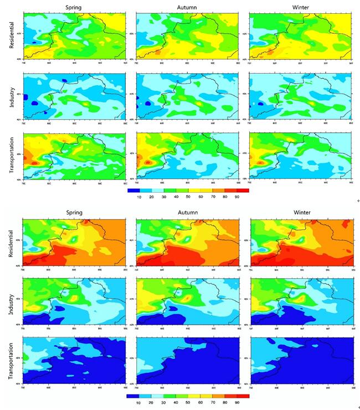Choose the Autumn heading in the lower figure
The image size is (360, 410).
[x=187, y=213]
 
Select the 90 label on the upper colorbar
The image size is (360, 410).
[x=237, y=197]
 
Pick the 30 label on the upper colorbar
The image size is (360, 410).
[x=164, y=197]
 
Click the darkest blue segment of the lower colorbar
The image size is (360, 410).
[x=133, y=396]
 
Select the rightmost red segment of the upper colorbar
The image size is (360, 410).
[x=243, y=189]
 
